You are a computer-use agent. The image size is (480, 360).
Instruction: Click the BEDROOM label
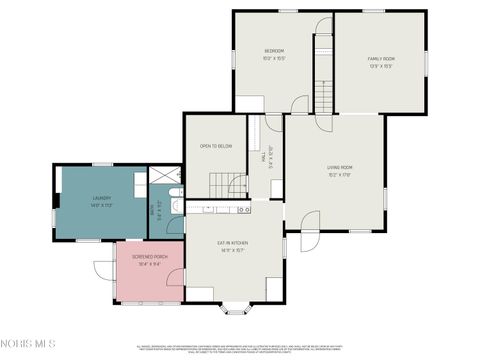tap(274, 51)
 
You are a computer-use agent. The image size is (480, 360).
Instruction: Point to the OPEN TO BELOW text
tap(216, 146)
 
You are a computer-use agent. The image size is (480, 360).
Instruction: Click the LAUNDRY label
tap(101, 198)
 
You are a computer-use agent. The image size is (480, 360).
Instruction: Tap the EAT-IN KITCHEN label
tap(232, 243)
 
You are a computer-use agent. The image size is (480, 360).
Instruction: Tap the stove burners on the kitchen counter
tap(243, 210)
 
